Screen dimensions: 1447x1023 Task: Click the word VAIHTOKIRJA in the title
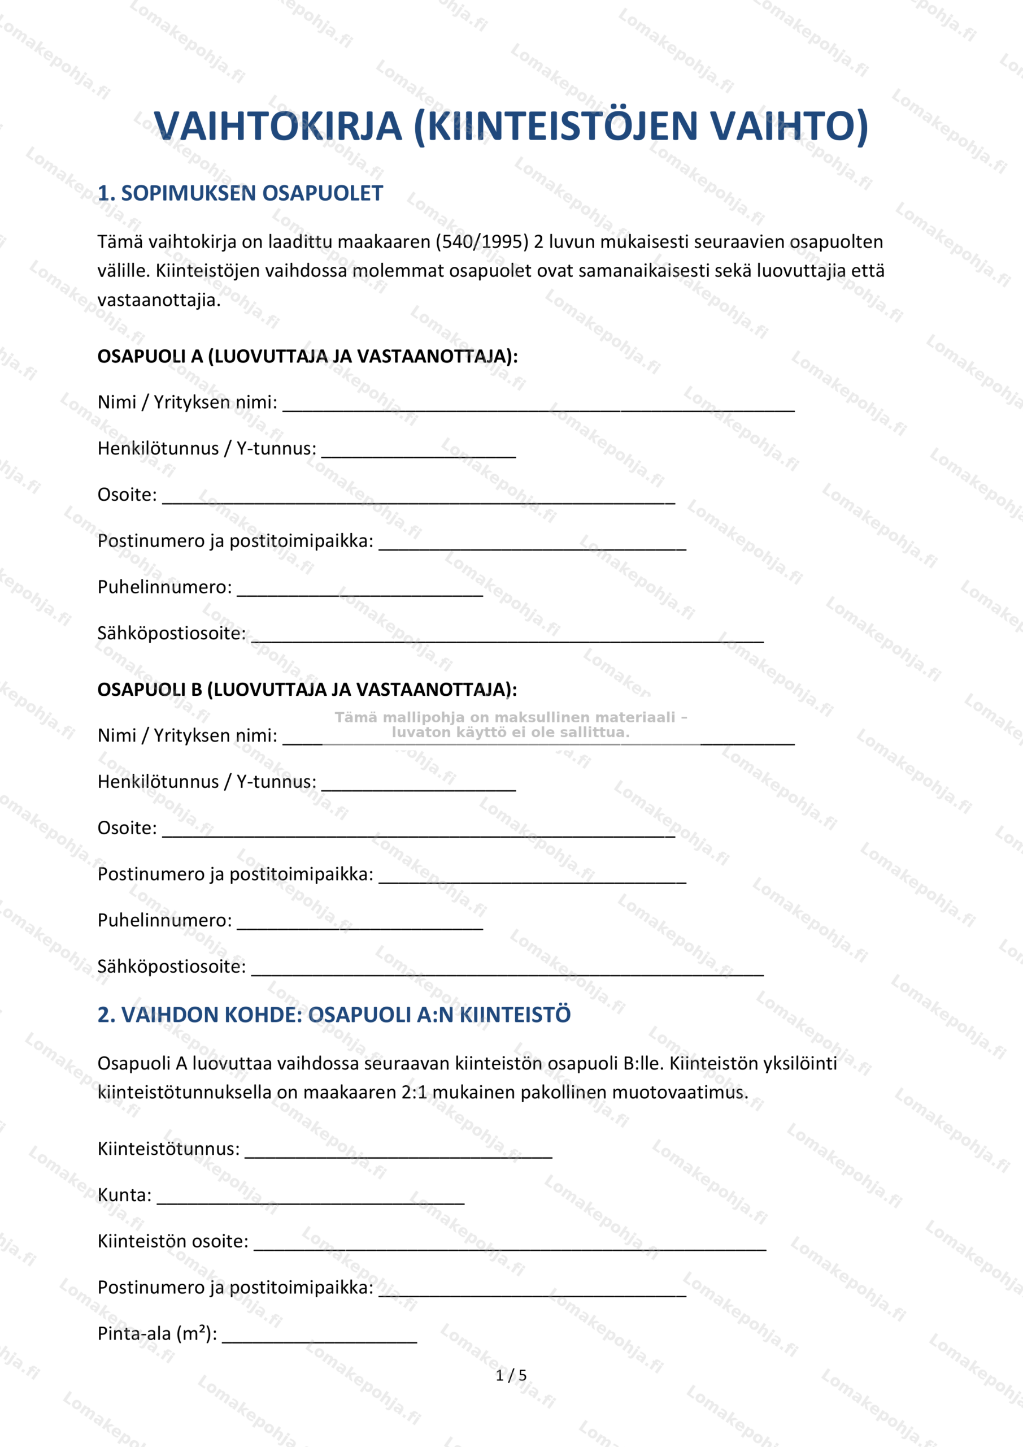278,126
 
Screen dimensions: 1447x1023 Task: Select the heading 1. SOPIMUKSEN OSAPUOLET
240,193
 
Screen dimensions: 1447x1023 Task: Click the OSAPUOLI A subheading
307,357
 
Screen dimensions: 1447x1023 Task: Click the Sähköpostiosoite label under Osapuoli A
171,634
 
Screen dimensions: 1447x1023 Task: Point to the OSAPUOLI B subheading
307,690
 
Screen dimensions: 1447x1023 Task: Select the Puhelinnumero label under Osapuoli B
164,921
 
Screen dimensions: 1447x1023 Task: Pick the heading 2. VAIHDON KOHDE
334,1015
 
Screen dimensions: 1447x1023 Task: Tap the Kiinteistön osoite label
173,1242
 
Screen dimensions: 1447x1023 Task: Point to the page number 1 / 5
511,1375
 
